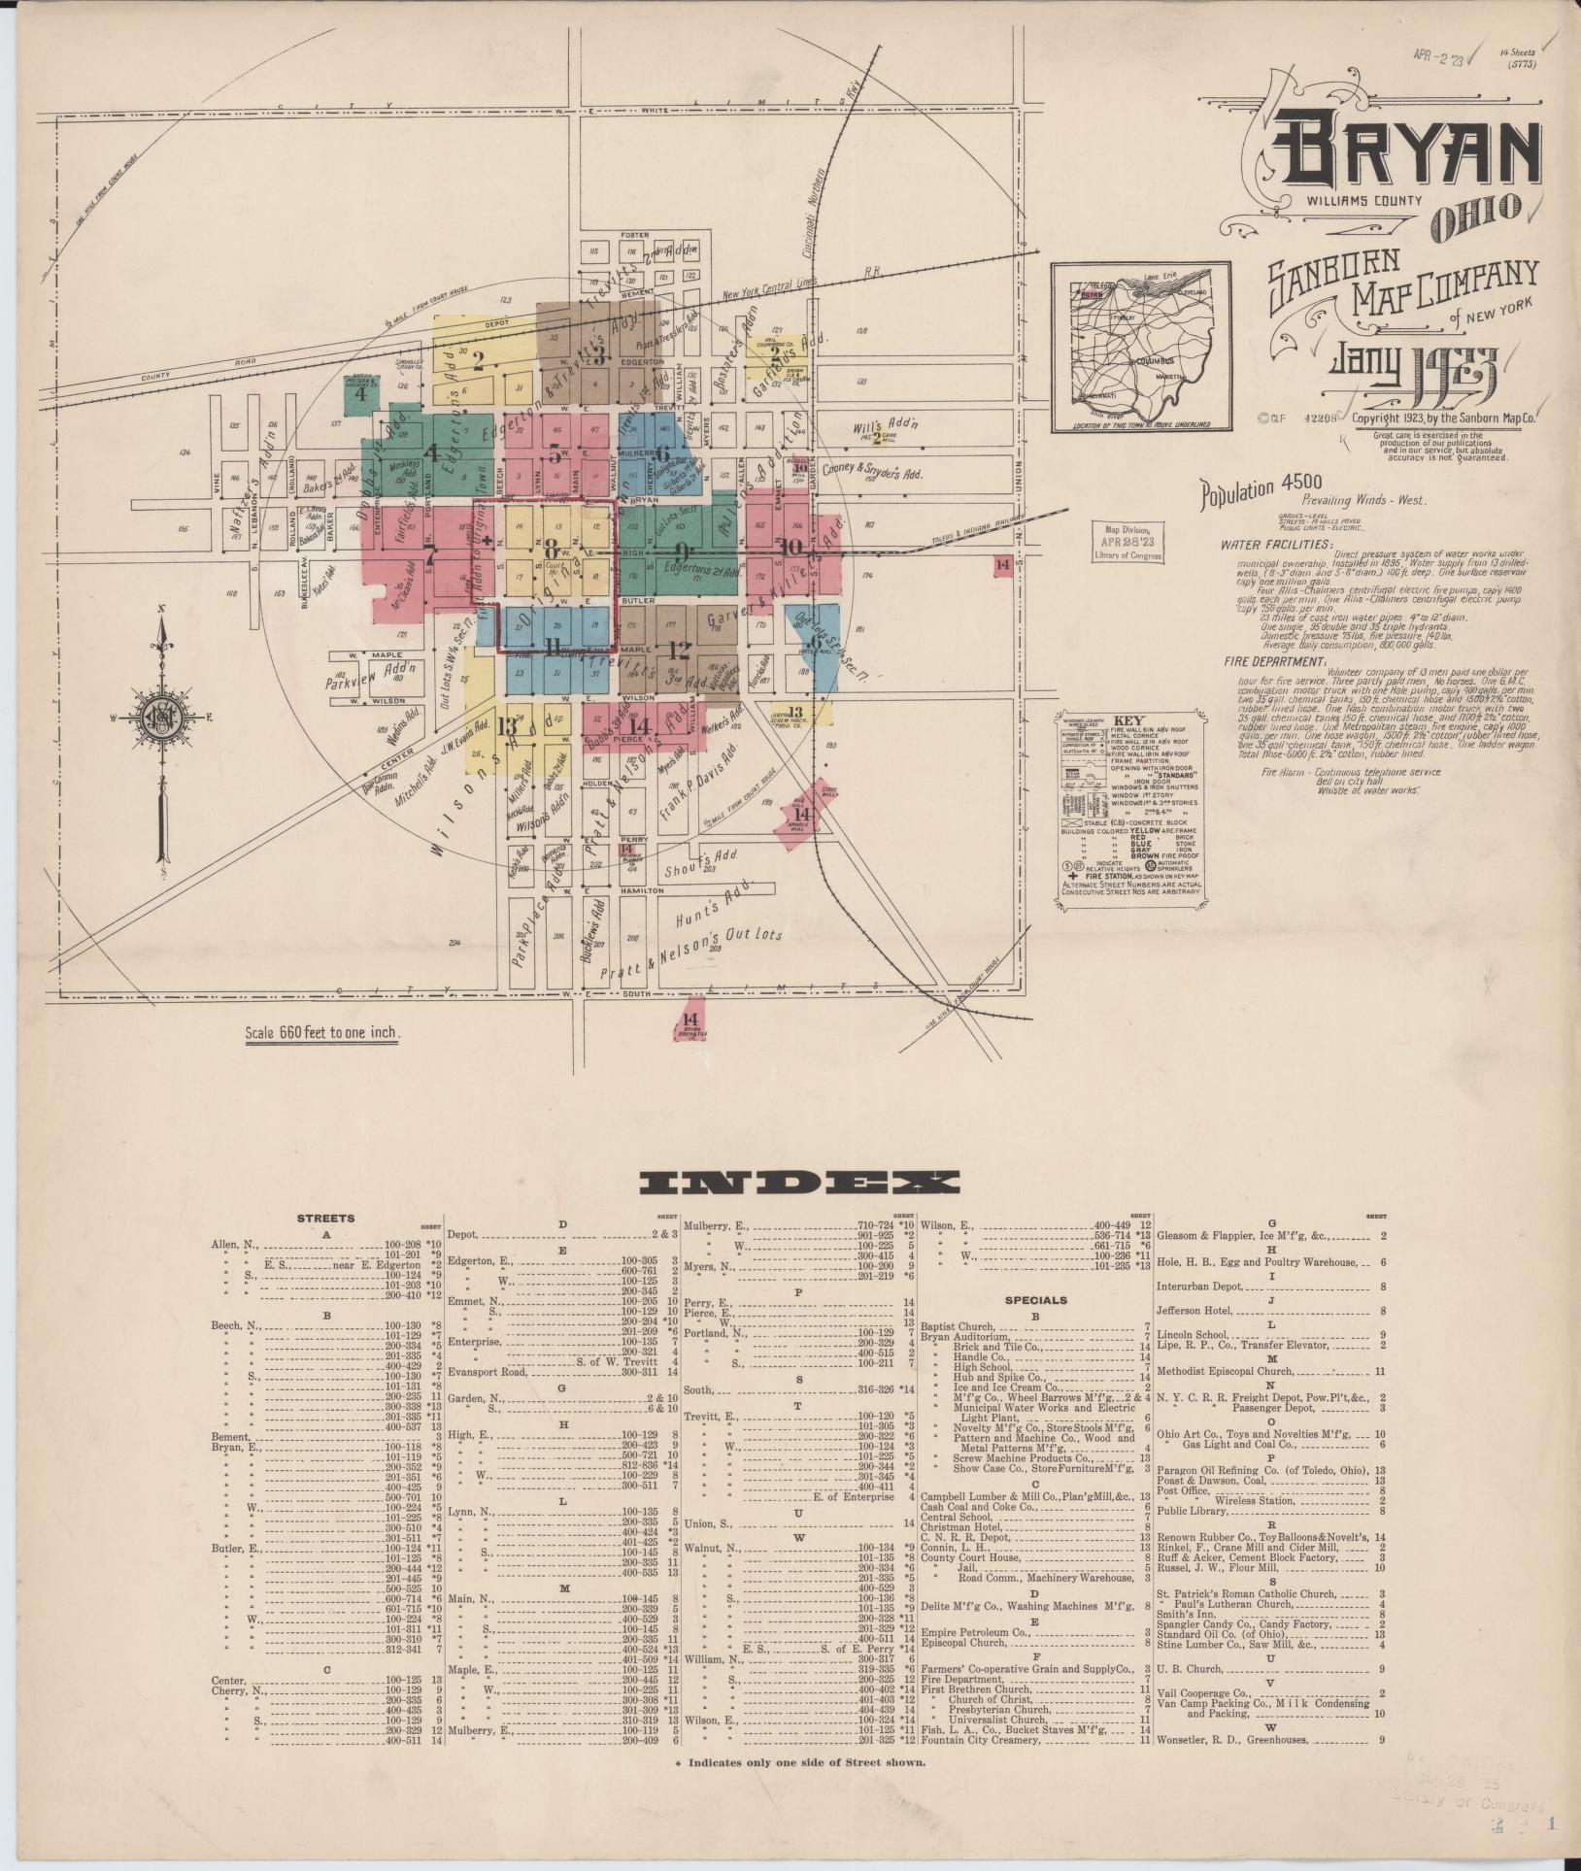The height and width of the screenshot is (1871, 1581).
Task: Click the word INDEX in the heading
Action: click(799, 1182)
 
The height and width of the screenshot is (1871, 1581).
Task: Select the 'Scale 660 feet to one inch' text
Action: click(322, 1032)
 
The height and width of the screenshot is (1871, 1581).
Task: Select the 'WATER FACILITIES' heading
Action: click(1277, 546)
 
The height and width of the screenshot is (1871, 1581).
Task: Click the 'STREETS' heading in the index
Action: click(325, 1218)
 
